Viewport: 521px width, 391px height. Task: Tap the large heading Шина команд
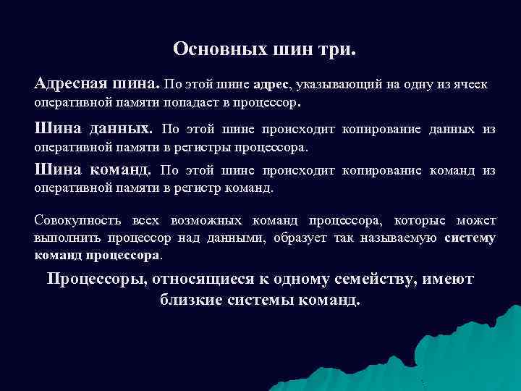tap(93, 170)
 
